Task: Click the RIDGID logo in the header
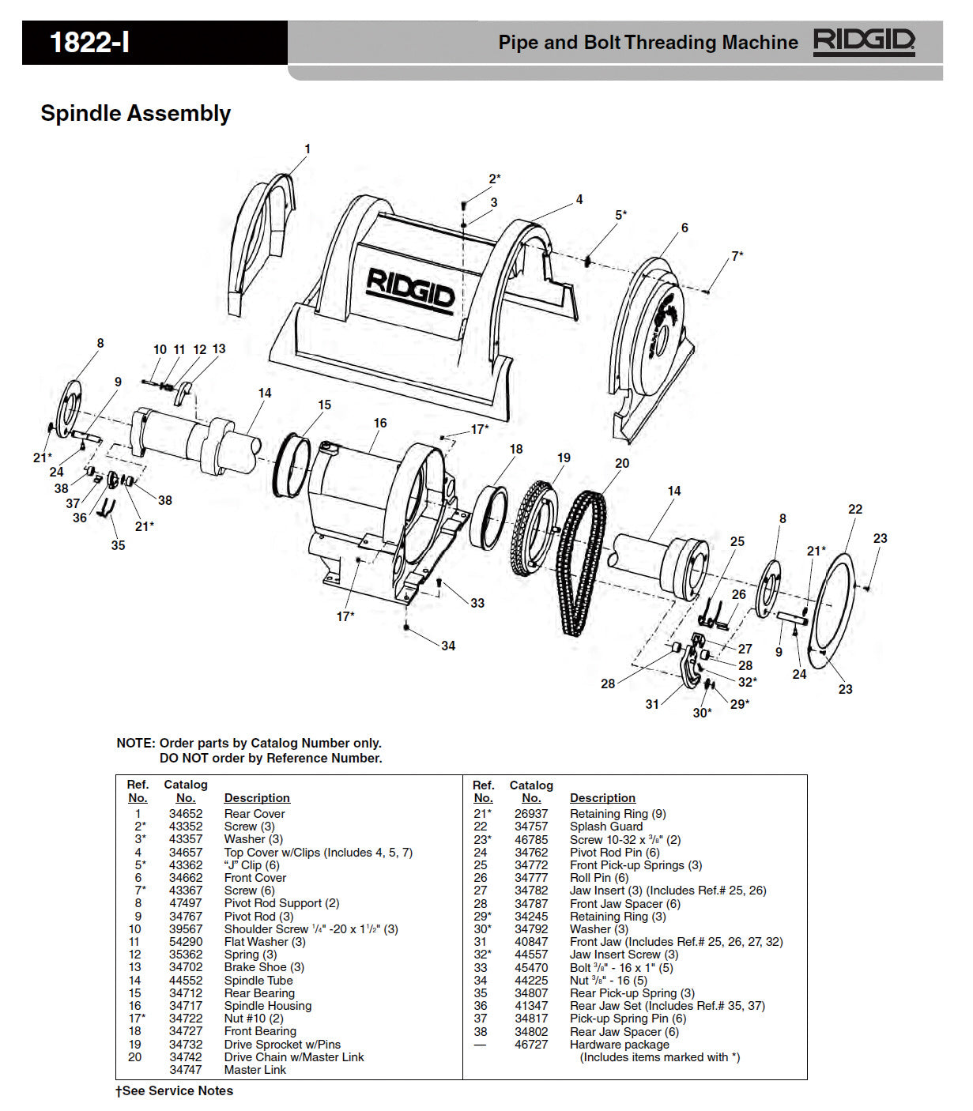click(x=864, y=41)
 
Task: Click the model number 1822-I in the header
click(x=89, y=42)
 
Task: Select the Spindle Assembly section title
click(x=135, y=114)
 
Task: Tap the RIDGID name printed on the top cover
click(x=409, y=289)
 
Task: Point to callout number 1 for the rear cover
click(x=307, y=149)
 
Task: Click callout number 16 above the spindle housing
click(x=380, y=424)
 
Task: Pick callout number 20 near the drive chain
click(x=622, y=464)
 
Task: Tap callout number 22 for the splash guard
click(x=855, y=510)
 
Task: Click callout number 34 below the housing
click(x=448, y=646)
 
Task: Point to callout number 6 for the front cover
click(x=684, y=228)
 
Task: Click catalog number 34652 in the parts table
click(x=186, y=814)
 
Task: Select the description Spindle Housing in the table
click(x=267, y=1006)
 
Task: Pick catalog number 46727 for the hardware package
click(x=531, y=1045)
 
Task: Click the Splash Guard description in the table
click(x=606, y=827)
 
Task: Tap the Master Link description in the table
click(x=255, y=1070)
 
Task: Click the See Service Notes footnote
click(x=175, y=1091)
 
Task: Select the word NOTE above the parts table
click(x=135, y=744)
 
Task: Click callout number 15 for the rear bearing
click(x=325, y=405)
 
